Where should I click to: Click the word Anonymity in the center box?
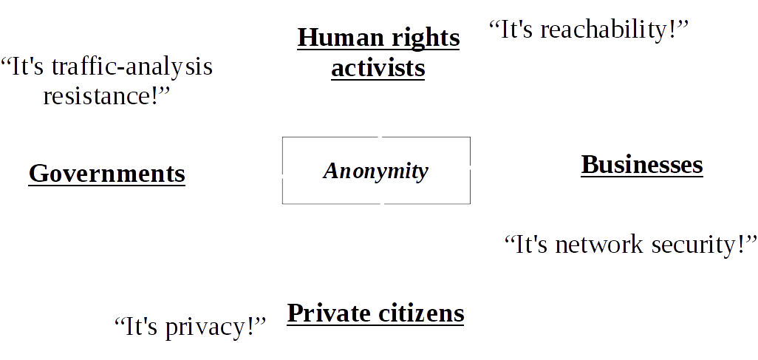point(375,171)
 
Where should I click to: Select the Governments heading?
point(107,174)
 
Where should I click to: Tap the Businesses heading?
point(642,164)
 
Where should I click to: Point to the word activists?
point(378,69)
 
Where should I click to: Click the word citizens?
point(420,313)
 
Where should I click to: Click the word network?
point(599,245)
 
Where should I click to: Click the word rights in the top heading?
point(426,38)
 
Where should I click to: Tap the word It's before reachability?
point(514,30)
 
